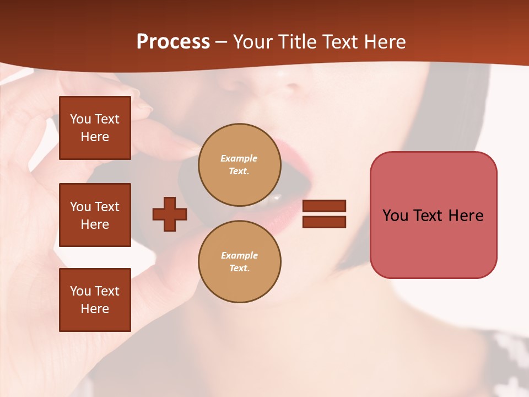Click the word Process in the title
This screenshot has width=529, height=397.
(173, 42)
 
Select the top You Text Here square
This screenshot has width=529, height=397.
(95, 128)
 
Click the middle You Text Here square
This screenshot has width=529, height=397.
(95, 215)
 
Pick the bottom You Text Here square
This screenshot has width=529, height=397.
(95, 299)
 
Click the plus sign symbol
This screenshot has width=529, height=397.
(170, 214)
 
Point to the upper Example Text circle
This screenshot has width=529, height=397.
(239, 165)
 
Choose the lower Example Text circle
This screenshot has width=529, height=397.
(239, 262)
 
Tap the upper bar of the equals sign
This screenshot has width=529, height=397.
(325, 206)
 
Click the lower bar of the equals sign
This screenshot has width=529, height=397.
(325, 222)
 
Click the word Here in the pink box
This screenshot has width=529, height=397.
(466, 216)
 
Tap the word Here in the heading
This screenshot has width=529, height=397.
(385, 42)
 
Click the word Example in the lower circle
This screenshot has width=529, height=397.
(239, 255)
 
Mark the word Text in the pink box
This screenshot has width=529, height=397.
(429, 216)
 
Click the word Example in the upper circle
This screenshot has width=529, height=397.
(239, 158)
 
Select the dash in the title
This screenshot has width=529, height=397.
(221, 42)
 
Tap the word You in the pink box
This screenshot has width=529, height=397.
(395, 216)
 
